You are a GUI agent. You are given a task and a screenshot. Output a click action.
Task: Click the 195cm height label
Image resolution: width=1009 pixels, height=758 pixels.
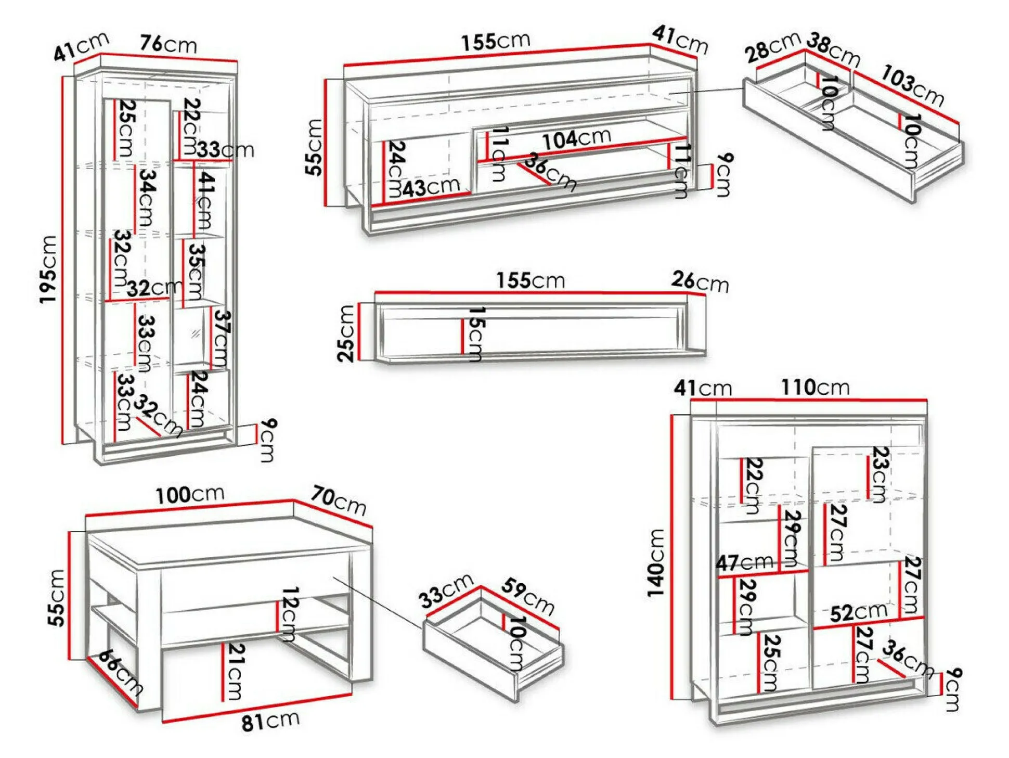click(48, 268)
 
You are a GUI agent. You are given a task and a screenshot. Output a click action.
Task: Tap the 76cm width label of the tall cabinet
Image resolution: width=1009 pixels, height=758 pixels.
click(168, 44)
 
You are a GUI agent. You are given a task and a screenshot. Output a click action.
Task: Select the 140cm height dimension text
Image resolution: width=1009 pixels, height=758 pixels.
click(656, 563)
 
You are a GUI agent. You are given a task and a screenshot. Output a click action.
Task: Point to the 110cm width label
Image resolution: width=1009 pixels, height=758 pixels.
click(814, 388)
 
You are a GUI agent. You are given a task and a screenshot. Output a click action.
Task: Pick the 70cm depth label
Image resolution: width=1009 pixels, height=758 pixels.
click(339, 500)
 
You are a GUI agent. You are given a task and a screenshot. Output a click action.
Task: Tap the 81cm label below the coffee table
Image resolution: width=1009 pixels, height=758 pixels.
click(270, 721)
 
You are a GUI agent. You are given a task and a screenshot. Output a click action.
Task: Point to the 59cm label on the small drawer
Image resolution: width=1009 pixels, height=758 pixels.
click(528, 596)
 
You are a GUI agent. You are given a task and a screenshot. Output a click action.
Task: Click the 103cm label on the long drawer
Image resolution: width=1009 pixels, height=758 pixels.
click(912, 86)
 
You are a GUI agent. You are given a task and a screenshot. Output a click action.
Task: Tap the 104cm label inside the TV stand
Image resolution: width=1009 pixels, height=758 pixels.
click(576, 138)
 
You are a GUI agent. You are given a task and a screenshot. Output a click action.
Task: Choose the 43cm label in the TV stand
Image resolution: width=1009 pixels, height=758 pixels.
click(431, 187)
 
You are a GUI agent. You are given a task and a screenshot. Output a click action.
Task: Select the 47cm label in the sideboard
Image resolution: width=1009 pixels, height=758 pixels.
click(744, 562)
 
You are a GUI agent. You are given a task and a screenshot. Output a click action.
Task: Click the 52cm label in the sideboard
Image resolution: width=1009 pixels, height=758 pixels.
click(858, 612)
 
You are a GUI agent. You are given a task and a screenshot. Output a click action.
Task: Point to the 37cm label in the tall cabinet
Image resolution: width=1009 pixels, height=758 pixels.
click(222, 338)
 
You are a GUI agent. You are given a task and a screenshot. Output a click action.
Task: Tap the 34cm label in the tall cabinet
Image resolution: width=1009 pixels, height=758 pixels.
click(147, 198)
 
